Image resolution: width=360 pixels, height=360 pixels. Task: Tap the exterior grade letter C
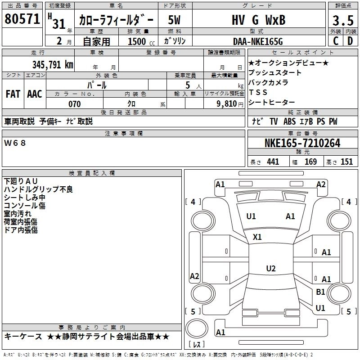click(335, 40)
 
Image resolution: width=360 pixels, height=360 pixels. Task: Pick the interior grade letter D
click(350, 40)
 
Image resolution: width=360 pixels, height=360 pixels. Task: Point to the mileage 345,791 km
click(53, 64)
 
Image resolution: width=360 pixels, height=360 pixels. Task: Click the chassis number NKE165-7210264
click(302, 144)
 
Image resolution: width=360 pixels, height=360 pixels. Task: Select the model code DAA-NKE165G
click(258, 41)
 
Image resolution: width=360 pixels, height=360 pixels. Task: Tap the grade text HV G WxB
click(258, 20)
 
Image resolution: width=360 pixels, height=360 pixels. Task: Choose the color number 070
click(74, 104)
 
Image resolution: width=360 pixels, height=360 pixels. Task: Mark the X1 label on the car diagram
click(257, 237)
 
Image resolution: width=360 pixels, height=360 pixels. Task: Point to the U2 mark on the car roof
click(270, 269)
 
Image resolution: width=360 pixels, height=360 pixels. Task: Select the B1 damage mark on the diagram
click(320, 292)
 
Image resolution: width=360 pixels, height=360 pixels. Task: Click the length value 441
click(273, 162)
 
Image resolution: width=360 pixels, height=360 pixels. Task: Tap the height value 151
click(346, 162)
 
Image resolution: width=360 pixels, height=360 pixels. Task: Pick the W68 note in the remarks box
click(15, 143)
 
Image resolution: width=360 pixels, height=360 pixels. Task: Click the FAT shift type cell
click(13, 94)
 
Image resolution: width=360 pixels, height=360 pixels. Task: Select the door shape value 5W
click(174, 20)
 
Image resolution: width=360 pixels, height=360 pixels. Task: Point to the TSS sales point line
click(258, 93)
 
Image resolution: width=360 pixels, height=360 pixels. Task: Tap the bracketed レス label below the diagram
click(197, 345)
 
